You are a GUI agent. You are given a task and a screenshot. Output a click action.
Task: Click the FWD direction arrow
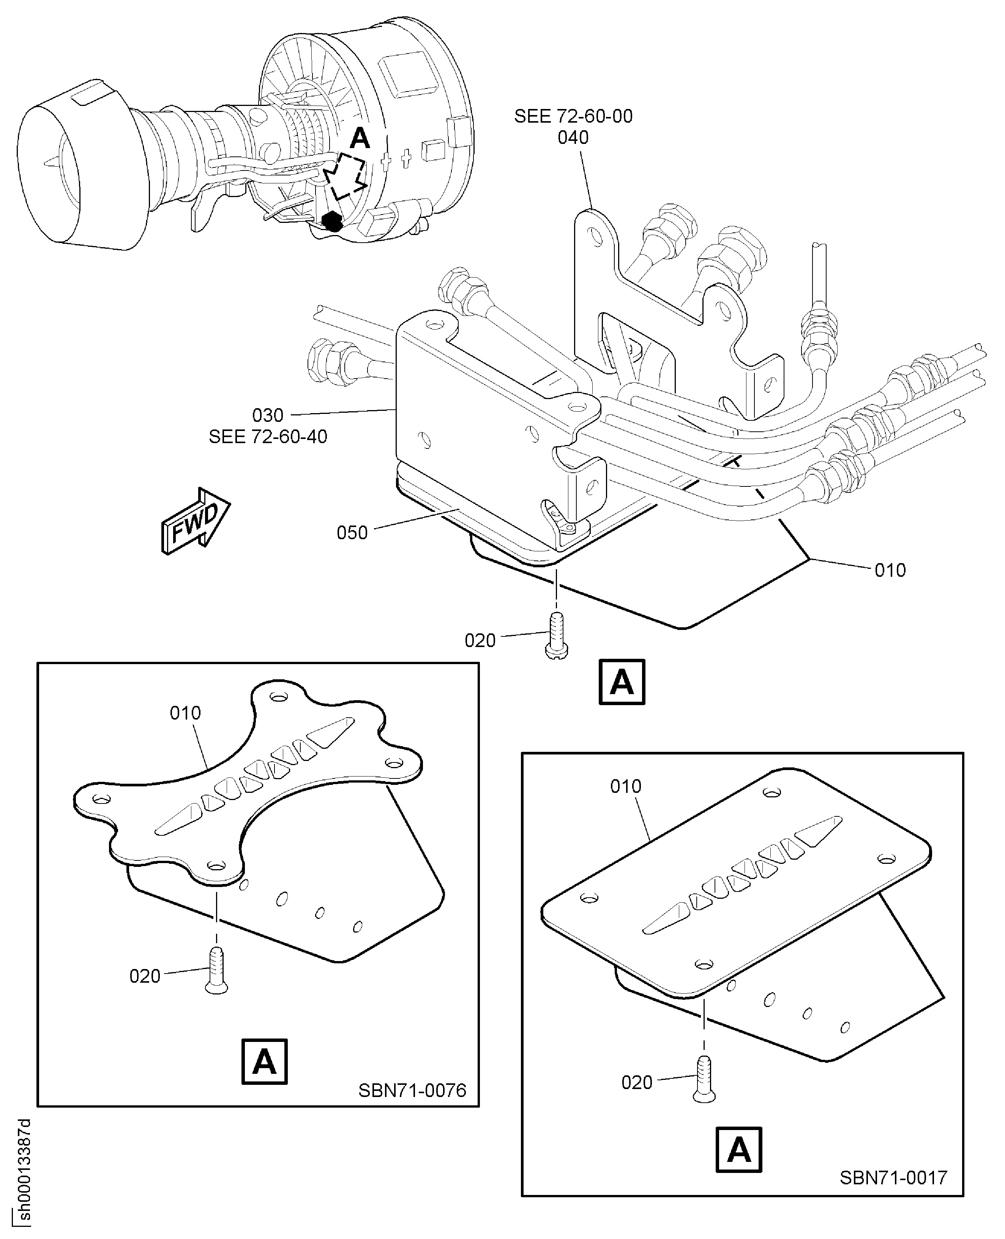pos(196,521)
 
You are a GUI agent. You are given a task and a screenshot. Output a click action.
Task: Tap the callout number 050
pos(352,533)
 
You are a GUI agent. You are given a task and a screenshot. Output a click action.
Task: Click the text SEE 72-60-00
pos(573,116)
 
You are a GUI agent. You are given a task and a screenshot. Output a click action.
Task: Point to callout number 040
pos(573,138)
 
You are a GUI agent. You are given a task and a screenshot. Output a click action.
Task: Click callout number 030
pos(268,415)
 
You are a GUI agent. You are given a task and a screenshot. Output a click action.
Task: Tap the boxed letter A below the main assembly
pos(622,682)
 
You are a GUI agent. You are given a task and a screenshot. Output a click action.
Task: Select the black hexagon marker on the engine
pos(332,221)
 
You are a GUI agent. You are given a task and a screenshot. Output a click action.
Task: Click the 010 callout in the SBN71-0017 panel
pos(626,786)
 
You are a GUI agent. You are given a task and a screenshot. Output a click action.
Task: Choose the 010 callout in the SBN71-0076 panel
pos(185,713)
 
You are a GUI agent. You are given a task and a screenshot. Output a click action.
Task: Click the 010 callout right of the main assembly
pos(890,570)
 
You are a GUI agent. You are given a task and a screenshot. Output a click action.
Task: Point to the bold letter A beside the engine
pos(360,138)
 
